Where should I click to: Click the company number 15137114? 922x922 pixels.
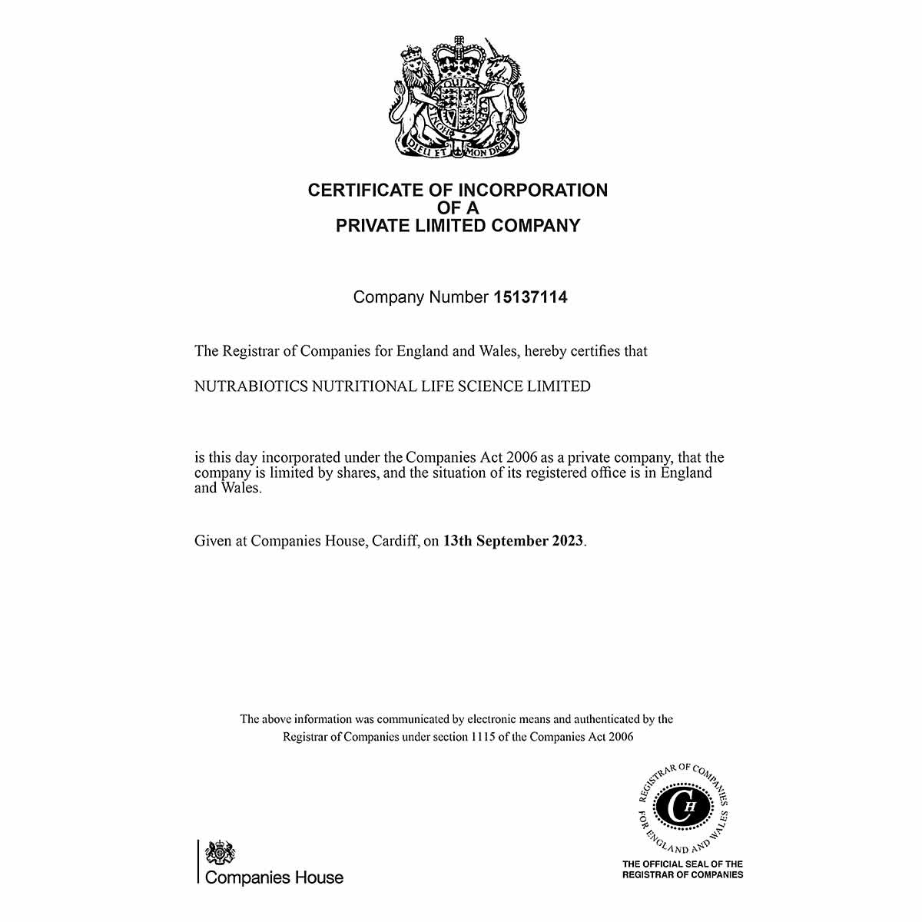(x=529, y=297)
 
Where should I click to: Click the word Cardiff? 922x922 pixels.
(x=395, y=541)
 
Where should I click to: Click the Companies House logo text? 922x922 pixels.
(x=274, y=877)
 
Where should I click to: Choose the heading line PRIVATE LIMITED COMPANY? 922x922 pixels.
(x=458, y=226)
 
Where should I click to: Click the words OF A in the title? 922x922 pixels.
(x=458, y=207)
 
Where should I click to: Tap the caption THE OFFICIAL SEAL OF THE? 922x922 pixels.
(x=682, y=864)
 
